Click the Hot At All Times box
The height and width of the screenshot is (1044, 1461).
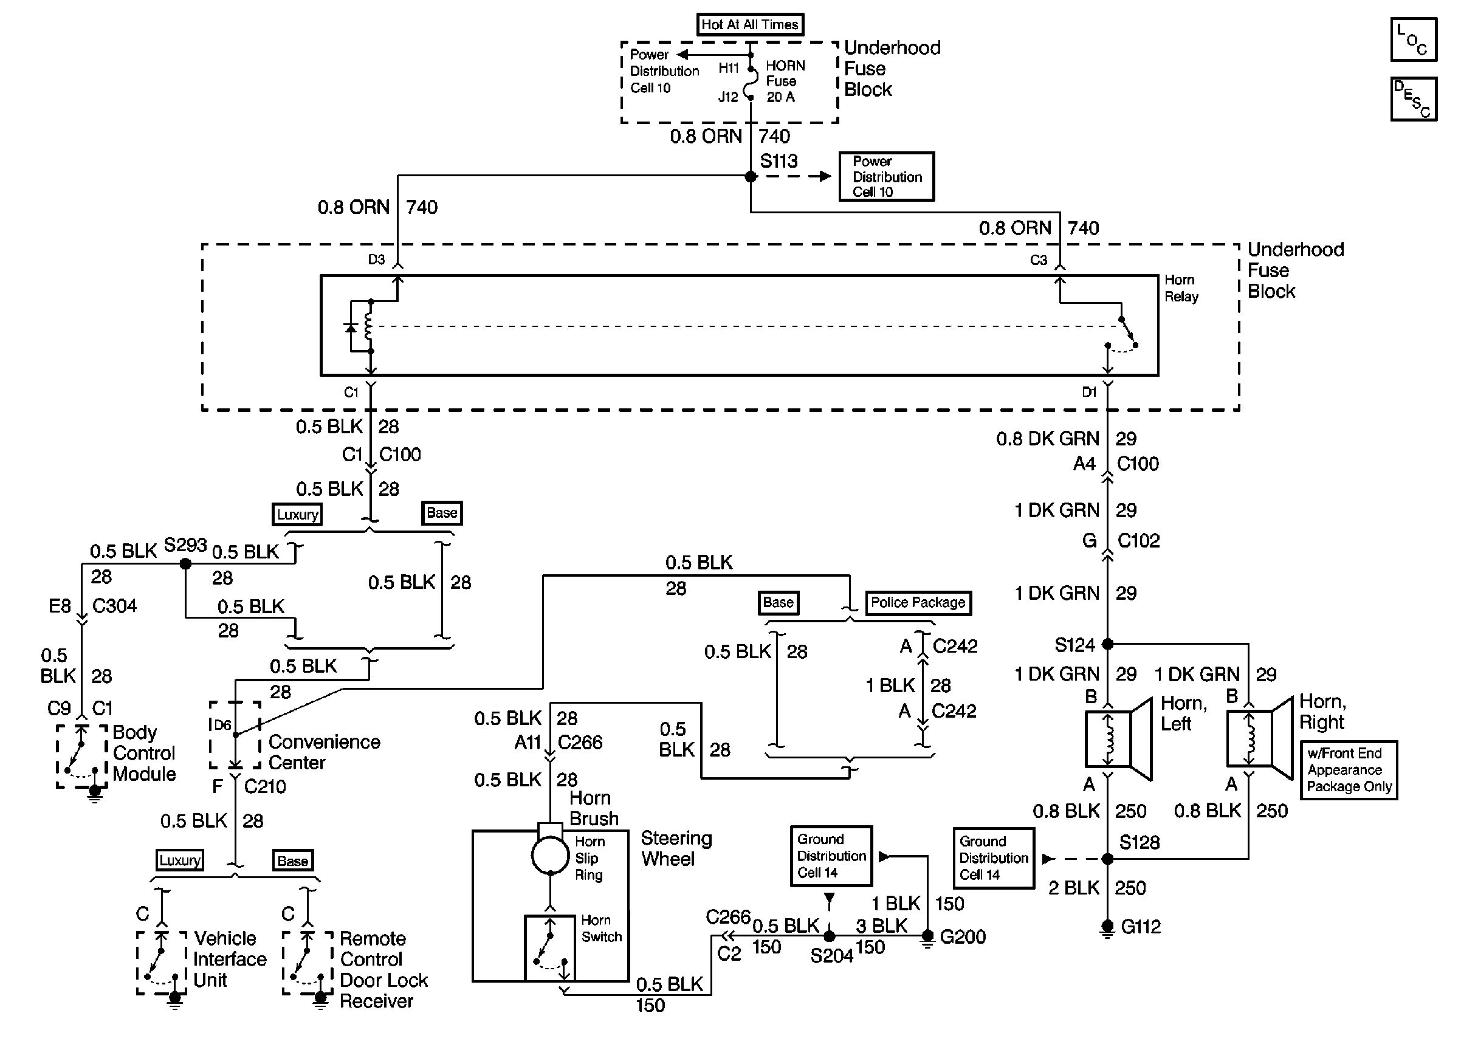point(750,24)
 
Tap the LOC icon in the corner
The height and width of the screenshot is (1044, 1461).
point(1413,40)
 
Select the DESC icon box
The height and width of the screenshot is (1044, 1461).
point(1413,99)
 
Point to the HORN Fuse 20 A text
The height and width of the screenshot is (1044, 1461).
point(784,81)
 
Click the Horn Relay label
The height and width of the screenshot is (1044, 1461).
point(1181,288)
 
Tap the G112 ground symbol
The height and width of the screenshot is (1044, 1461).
point(1107,927)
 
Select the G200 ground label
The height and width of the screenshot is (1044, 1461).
point(962,936)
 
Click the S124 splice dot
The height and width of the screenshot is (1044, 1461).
point(1107,644)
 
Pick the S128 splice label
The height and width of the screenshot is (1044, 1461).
point(1139,842)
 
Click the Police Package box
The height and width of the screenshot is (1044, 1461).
point(918,602)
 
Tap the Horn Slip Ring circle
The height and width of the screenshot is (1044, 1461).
point(550,856)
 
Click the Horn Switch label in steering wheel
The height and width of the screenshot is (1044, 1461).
point(601,929)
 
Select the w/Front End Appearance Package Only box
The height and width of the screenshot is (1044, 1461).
point(1349,769)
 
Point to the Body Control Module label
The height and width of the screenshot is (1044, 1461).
point(144,753)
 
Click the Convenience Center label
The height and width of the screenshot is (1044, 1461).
point(324,752)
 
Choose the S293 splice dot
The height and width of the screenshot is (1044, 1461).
point(186,564)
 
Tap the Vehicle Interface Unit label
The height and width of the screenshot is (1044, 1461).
point(230,959)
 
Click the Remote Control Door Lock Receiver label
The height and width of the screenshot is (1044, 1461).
point(383,969)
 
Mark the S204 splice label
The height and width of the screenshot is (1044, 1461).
point(831,956)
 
